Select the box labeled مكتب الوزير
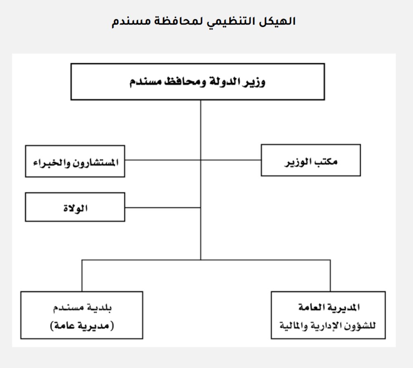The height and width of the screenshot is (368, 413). point(311,160)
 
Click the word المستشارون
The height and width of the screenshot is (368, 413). point(96,162)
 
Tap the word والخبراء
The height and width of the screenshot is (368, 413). point(52,162)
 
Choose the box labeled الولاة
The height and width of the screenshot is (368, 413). point(75,207)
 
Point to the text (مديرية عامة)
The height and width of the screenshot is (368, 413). point(82,326)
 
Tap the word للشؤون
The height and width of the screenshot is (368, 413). point(363,326)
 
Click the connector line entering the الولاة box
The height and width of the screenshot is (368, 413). point(163,208)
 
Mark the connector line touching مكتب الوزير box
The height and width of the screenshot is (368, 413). point(231,160)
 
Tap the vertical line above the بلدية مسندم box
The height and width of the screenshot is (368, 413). point(82,275)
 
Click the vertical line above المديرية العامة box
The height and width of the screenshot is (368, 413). point(330,275)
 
